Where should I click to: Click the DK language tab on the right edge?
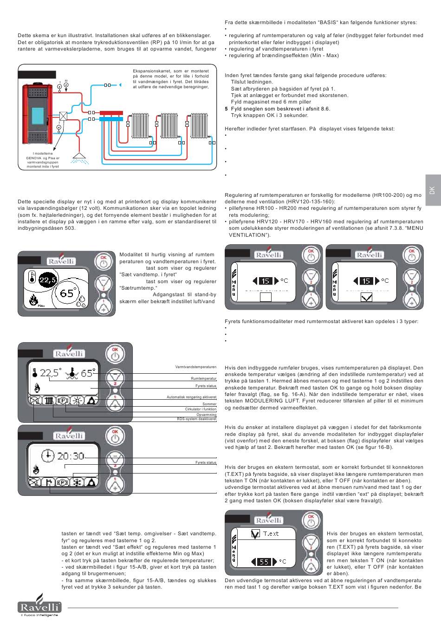coord(431,191)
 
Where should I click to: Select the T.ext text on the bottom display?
coord(271,533)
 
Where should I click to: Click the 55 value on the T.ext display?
coord(264,562)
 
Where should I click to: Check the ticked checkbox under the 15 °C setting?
coord(366,297)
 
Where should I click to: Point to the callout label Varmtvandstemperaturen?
coord(195,367)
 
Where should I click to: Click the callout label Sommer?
coord(210,404)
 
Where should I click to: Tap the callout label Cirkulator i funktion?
coord(200,409)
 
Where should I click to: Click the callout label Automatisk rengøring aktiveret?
coord(191,397)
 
